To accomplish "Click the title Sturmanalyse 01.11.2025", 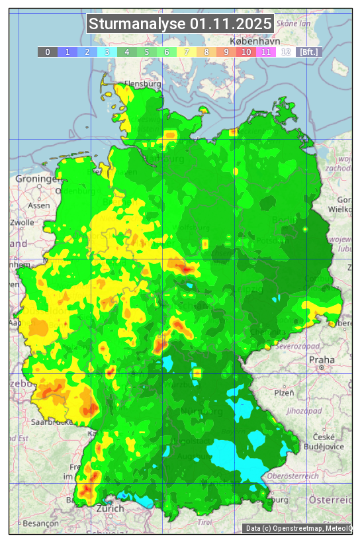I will click(180, 24).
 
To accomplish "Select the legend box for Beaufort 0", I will click(48, 52).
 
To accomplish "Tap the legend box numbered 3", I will click(107, 52).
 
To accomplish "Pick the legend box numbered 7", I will click(187, 52).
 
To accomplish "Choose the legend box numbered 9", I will click(226, 52).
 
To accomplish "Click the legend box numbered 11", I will click(266, 52).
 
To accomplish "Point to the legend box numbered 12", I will click(286, 52).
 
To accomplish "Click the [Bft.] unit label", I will click(308, 52).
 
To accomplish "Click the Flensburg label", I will click(142, 85).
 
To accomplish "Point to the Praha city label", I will click(321, 359).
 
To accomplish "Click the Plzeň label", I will click(284, 392).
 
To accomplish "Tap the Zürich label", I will click(109, 508).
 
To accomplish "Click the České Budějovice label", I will click(324, 441).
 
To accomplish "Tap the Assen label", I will click(39, 205).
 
